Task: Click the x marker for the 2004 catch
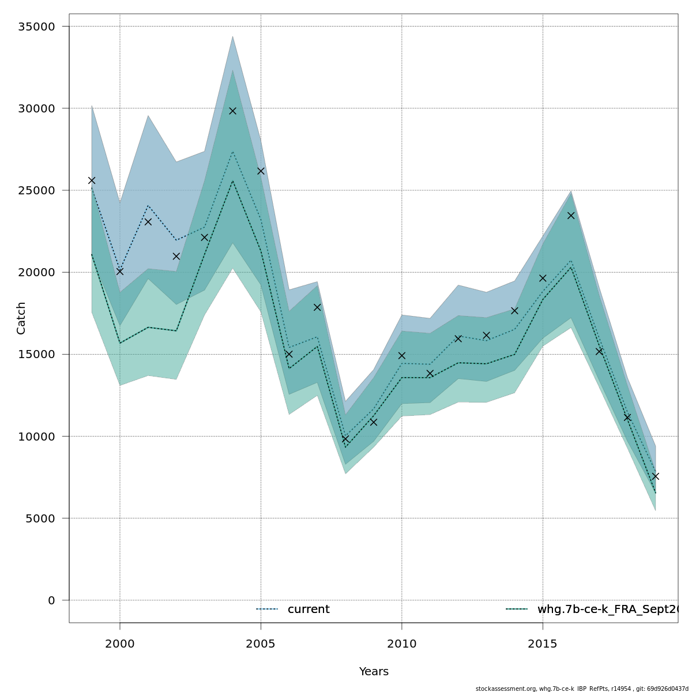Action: [x=232, y=111]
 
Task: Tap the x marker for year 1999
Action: [x=92, y=180]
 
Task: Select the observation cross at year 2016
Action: [x=571, y=216]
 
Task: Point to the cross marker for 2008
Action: [x=345, y=439]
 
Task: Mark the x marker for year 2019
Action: [x=656, y=476]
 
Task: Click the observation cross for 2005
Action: [x=261, y=171]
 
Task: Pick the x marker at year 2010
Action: [x=402, y=356]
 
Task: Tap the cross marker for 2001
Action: [x=148, y=222]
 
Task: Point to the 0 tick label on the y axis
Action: [x=51, y=600]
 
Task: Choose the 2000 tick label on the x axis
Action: [x=120, y=644]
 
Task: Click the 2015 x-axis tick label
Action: [x=543, y=644]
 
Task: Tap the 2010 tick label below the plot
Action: [x=402, y=644]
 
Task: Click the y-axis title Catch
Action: [x=21, y=318]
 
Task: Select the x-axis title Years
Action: [x=374, y=672]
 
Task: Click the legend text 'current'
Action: [x=309, y=610]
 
